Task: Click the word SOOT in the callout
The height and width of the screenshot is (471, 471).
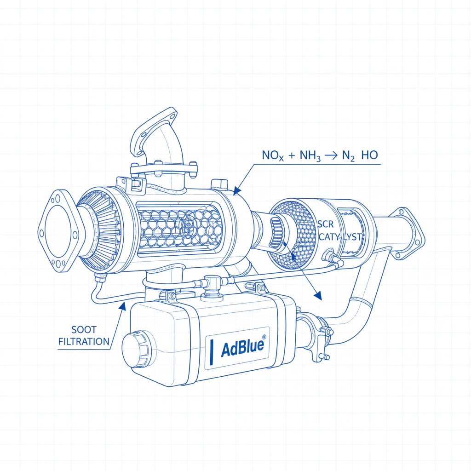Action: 84,330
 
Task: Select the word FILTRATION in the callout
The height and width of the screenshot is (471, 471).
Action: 84,342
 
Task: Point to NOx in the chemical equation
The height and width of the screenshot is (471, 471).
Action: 273,155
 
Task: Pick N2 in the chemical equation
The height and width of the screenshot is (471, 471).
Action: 349,155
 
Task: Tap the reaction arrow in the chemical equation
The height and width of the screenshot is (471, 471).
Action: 331,155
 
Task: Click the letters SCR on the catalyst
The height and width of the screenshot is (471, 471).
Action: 326,224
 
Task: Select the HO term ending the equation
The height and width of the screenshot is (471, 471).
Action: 369,155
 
